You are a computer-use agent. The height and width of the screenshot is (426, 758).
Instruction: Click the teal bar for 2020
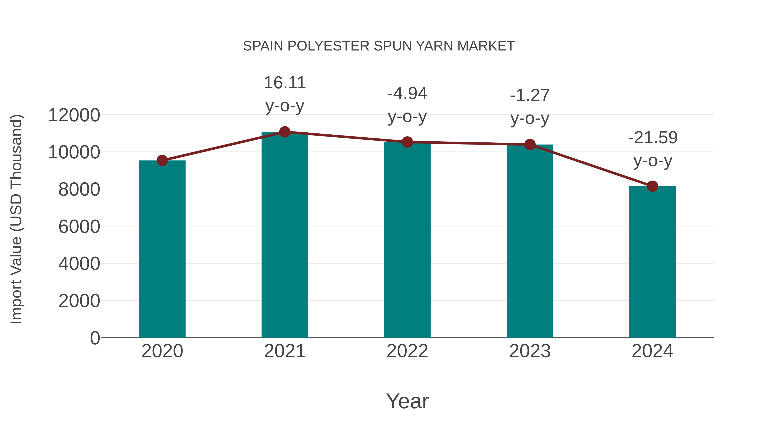coord(162,250)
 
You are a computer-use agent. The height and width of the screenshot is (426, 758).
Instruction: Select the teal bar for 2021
coord(284,235)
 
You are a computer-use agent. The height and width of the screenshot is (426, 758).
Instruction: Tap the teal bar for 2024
coord(652,262)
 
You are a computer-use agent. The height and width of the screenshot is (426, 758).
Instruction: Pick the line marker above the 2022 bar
coord(407,142)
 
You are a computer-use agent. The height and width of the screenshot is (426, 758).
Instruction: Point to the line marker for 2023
coord(530,144)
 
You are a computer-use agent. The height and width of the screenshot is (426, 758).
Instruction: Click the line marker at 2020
coord(162,161)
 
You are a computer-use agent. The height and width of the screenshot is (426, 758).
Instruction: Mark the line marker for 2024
coord(652,186)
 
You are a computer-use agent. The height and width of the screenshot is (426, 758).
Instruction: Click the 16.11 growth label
coord(284,83)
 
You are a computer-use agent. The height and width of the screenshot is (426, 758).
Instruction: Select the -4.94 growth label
coord(407,94)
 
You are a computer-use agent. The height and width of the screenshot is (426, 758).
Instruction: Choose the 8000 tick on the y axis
coord(79,189)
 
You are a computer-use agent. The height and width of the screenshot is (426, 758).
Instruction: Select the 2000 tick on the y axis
coord(79,301)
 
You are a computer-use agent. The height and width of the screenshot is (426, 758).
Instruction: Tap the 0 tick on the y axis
coord(95,338)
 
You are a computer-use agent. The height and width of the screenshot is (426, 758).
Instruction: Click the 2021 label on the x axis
coord(284,351)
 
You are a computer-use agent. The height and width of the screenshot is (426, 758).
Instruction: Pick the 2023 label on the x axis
coord(530,351)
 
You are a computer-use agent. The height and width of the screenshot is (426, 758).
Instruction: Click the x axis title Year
coord(407,401)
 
